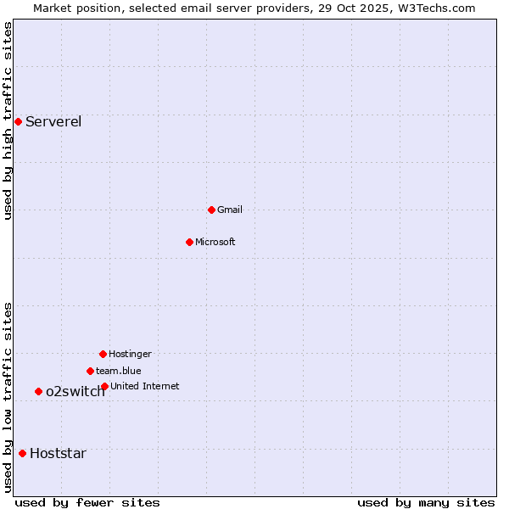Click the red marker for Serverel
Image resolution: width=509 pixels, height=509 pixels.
(x=18, y=121)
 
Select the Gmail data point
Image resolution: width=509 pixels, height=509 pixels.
(x=211, y=210)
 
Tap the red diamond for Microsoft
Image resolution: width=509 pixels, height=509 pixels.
(x=189, y=242)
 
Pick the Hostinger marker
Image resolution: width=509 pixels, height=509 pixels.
(x=103, y=354)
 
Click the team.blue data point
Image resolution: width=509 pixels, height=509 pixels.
(x=90, y=371)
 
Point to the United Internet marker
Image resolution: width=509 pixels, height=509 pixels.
(x=104, y=386)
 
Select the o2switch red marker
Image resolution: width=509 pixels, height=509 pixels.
(x=38, y=391)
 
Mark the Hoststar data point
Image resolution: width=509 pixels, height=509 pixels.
(x=22, y=453)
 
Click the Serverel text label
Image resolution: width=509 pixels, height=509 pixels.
(x=53, y=121)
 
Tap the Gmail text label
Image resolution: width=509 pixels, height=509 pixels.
(x=230, y=210)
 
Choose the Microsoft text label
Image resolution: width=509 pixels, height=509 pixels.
(x=215, y=242)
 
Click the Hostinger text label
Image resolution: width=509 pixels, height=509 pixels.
(x=130, y=354)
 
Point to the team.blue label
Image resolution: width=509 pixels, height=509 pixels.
(x=119, y=371)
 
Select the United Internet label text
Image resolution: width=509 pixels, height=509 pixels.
(x=145, y=386)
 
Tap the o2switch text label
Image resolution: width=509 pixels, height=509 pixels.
(x=76, y=391)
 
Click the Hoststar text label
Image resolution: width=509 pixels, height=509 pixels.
(x=58, y=453)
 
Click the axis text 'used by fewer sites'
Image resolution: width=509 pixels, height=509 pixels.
(x=87, y=502)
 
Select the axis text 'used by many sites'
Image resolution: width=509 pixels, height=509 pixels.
(x=426, y=502)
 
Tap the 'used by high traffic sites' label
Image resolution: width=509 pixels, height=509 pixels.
(x=8, y=121)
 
